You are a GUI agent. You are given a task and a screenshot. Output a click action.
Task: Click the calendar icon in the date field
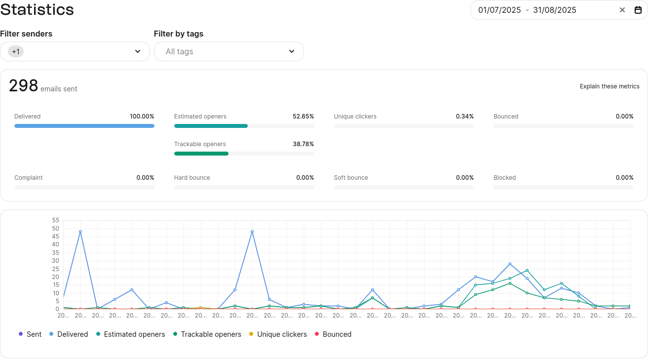[638, 10]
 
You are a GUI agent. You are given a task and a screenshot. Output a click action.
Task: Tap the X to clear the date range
[622, 10]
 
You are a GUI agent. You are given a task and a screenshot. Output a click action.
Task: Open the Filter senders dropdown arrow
[138, 51]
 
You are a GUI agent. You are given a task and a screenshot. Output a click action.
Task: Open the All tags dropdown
[229, 51]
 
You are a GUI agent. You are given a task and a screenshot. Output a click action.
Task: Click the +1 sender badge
[16, 51]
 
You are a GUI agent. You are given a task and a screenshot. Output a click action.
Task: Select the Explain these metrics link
[610, 86]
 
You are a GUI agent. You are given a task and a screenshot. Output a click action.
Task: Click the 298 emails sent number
[23, 86]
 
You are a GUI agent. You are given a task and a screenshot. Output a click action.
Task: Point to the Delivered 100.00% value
[142, 117]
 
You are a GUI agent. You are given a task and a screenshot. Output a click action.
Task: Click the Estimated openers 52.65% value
[303, 117]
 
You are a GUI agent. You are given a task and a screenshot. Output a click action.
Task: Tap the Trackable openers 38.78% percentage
[303, 144]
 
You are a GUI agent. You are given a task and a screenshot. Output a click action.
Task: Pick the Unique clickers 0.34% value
[464, 117]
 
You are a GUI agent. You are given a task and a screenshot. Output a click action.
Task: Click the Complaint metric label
[29, 178]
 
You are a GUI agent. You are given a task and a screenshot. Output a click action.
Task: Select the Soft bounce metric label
[351, 178]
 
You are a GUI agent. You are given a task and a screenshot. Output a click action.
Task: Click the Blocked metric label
[504, 178]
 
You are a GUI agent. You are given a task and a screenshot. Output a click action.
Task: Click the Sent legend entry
[30, 334]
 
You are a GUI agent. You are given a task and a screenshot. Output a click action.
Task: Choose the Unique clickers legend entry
[278, 334]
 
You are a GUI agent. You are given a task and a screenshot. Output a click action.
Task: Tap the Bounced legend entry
[333, 334]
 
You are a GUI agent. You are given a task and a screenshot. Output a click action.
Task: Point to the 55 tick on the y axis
[55, 220]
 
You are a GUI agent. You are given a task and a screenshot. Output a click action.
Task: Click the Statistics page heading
[37, 9]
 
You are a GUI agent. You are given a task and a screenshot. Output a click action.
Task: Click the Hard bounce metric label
[192, 178]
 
